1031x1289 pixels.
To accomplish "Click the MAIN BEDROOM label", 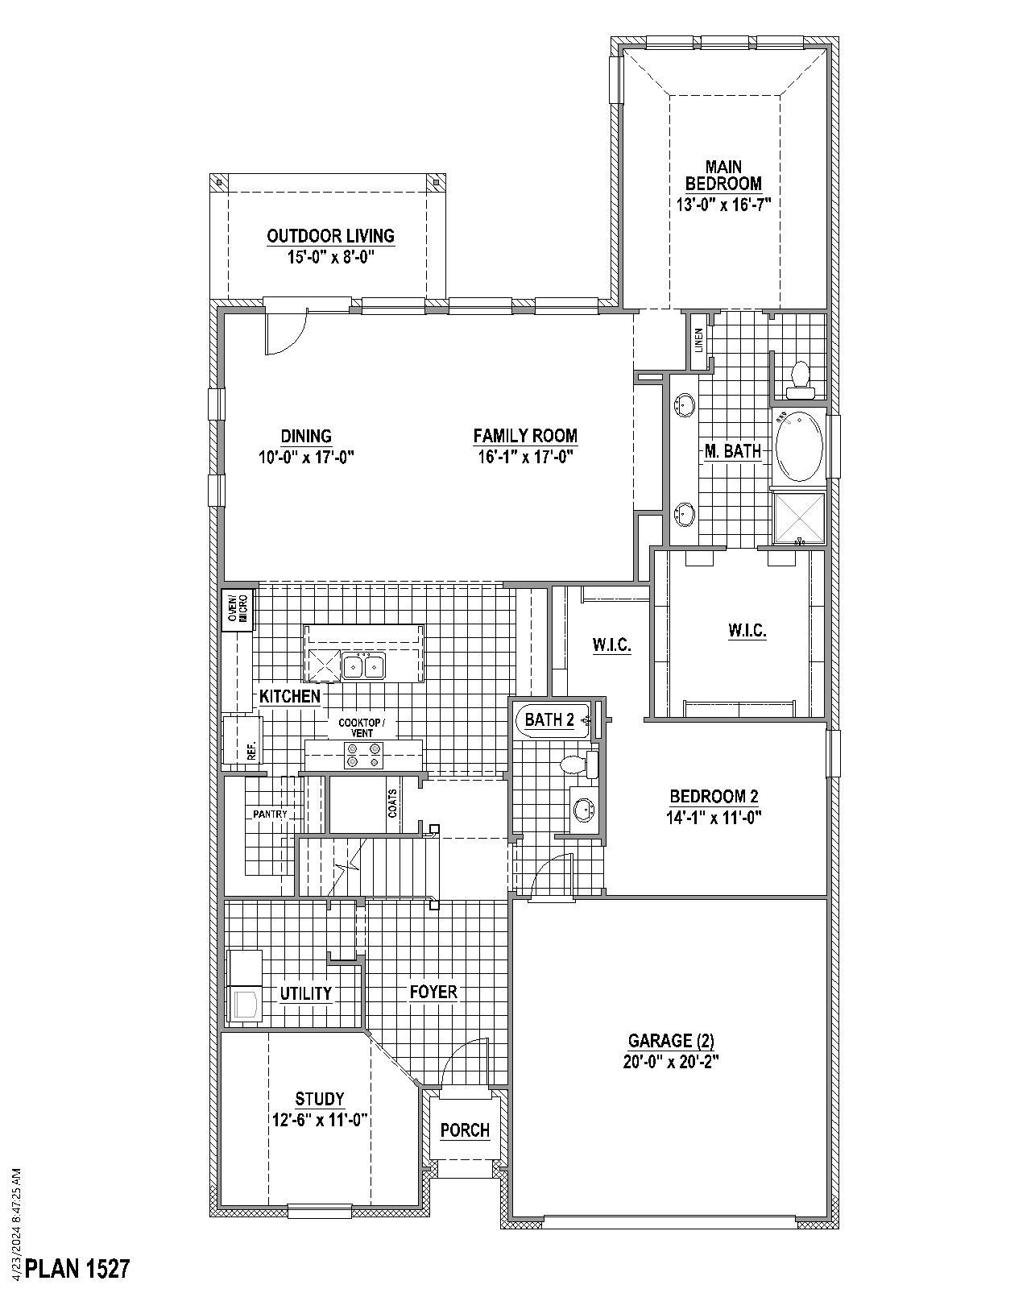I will [723, 176].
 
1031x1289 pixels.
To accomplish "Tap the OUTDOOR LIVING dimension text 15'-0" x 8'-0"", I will [331, 256].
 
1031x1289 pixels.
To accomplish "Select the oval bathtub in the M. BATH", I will [798, 446].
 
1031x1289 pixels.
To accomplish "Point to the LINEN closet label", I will [698, 340].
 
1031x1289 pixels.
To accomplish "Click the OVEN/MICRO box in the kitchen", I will [237, 610].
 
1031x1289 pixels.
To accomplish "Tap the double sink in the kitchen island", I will [362, 666].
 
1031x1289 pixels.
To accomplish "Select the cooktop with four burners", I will [363, 756].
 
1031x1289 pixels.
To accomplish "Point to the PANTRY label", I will [270, 814].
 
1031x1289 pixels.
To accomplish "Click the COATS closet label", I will [393, 803].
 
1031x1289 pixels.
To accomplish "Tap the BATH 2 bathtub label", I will [549, 719].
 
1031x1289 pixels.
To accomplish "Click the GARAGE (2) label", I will [670, 1040].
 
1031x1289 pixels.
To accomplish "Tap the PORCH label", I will [465, 1130].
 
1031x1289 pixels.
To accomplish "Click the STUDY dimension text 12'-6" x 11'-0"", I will [320, 1119].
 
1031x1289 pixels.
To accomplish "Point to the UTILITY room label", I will [306, 993].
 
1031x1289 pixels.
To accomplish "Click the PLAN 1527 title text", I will [77, 1269].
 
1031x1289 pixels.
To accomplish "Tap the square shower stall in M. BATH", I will [798, 517].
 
